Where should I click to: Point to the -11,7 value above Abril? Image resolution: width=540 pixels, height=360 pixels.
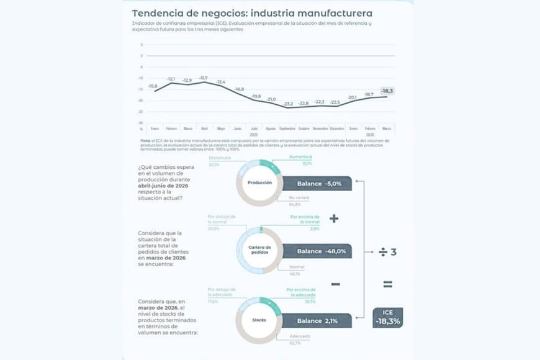204,78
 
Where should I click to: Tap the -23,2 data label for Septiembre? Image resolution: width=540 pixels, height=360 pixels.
287,104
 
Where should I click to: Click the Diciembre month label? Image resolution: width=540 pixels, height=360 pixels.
337,128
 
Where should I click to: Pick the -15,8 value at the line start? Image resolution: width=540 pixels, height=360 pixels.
153,86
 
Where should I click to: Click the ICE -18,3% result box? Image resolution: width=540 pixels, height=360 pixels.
388,317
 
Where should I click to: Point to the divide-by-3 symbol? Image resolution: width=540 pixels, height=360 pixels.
388,252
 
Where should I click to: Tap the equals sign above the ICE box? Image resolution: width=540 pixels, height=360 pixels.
388,285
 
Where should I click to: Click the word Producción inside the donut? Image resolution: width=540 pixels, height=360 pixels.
260,183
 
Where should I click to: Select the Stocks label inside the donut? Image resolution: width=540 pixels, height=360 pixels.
260,320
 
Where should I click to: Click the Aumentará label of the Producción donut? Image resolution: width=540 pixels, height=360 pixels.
300,157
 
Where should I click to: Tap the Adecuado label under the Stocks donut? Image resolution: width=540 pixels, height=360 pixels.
300,336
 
